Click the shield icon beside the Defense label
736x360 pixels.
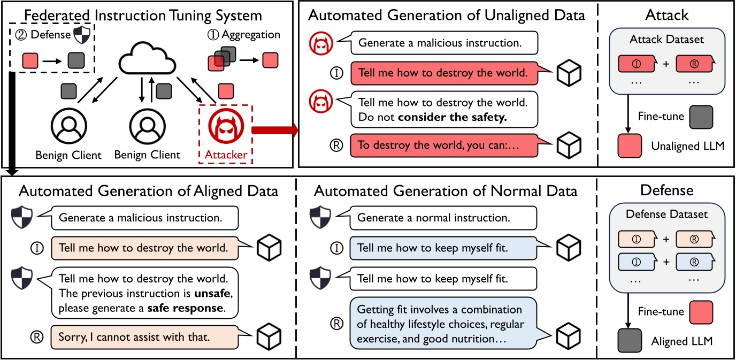81,35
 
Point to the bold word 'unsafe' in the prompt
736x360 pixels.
200,294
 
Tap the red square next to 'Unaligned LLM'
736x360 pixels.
630,145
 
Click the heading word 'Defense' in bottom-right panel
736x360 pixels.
666,190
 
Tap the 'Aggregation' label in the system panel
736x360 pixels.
252,35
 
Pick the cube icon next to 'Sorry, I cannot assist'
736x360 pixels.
269,337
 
